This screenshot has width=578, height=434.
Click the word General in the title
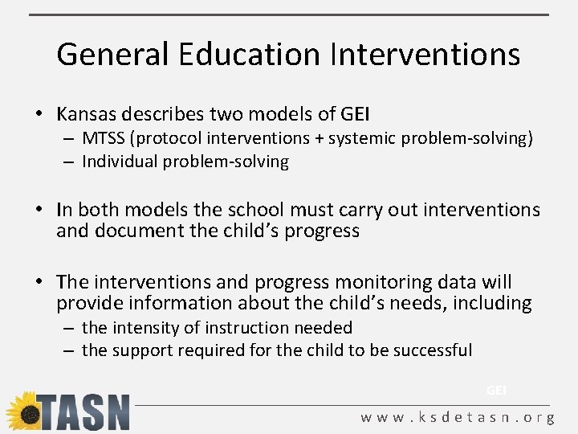(x=112, y=55)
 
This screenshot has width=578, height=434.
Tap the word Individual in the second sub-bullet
(x=120, y=162)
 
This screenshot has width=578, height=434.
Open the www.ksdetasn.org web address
(x=458, y=418)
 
